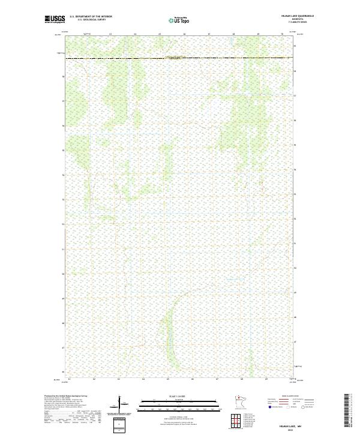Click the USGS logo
click(x=55, y=19)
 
